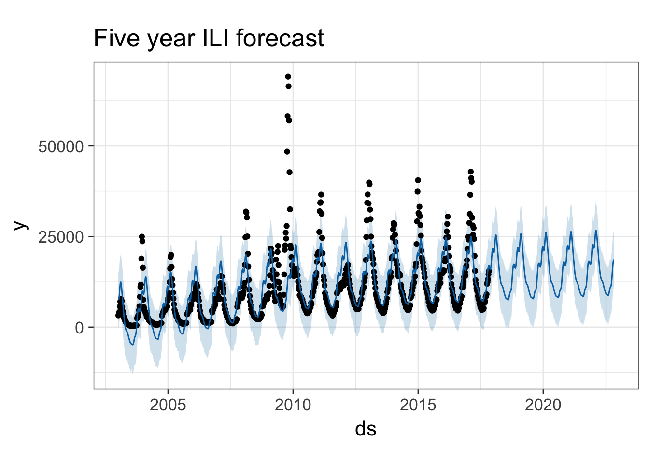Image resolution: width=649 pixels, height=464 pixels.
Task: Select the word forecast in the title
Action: click(x=280, y=38)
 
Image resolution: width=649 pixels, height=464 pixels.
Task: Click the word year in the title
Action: click(x=171, y=41)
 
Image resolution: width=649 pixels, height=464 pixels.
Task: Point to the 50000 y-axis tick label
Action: click(x=61, y=147)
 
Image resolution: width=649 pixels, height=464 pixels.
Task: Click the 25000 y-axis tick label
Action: click(x=61, y=237)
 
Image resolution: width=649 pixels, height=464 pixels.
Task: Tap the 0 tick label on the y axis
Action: click(x=79, y=328)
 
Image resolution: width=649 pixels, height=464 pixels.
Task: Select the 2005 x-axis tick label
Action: click(x=168, y=405)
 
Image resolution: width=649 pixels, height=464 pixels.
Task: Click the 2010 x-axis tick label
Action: click(x=293, y=405)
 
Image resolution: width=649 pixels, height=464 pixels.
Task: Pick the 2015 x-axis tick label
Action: click(x=418, y=405)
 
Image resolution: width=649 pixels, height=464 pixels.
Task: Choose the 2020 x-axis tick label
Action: click(x=543, y=405)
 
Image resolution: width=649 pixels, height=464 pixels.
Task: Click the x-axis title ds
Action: click(x=366, y=429)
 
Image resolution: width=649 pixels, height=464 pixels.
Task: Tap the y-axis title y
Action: click(x=21, y=225)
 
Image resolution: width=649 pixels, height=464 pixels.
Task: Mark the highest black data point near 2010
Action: click(x=288, y=76)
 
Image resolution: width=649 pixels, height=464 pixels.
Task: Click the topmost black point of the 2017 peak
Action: click(x=471, y=172)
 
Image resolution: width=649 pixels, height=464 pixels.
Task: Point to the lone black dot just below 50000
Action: click(x=287, y=151)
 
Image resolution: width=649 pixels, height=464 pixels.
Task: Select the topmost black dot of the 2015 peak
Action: click(x=418, y=180)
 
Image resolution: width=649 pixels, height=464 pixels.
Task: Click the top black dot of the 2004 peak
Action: click(x=141, y=237)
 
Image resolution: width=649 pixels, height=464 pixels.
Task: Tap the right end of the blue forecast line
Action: click(x=614, y=260)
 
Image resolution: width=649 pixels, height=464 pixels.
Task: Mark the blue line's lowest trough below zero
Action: click(x=132, y=345)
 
